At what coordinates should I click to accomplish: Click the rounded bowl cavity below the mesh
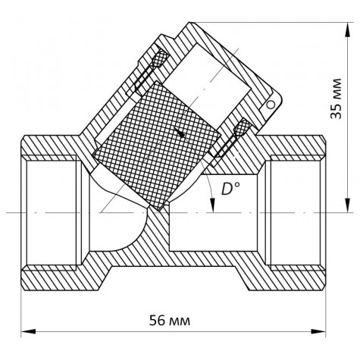click(125, 227)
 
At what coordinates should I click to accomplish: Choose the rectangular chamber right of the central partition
click(208, 231)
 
